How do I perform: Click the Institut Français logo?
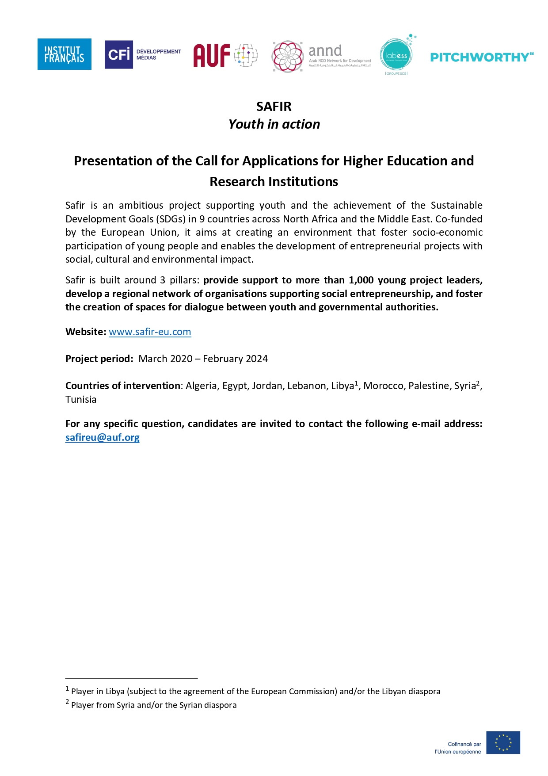coord(64,54)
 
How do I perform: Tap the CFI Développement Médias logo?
coord(143,54)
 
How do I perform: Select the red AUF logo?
coord(225,55)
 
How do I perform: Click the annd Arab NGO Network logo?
coord(322,56)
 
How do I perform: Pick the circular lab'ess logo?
coord(396,55)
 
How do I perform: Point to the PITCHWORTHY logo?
coord(482,57)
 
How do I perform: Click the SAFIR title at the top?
coord(274,107)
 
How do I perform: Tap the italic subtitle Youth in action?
coord(274,124)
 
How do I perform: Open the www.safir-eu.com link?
coord(150,332)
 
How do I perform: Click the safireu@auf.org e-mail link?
coord(103,437)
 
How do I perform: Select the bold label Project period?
coord(99,359)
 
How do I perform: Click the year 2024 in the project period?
coord(257,359)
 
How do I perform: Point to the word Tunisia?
coord(81,399)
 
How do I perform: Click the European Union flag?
coord(503,742)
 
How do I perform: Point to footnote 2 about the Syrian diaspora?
coord(153,705)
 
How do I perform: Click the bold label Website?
coord(86,332)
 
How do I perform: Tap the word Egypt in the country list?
coord(234,386)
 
